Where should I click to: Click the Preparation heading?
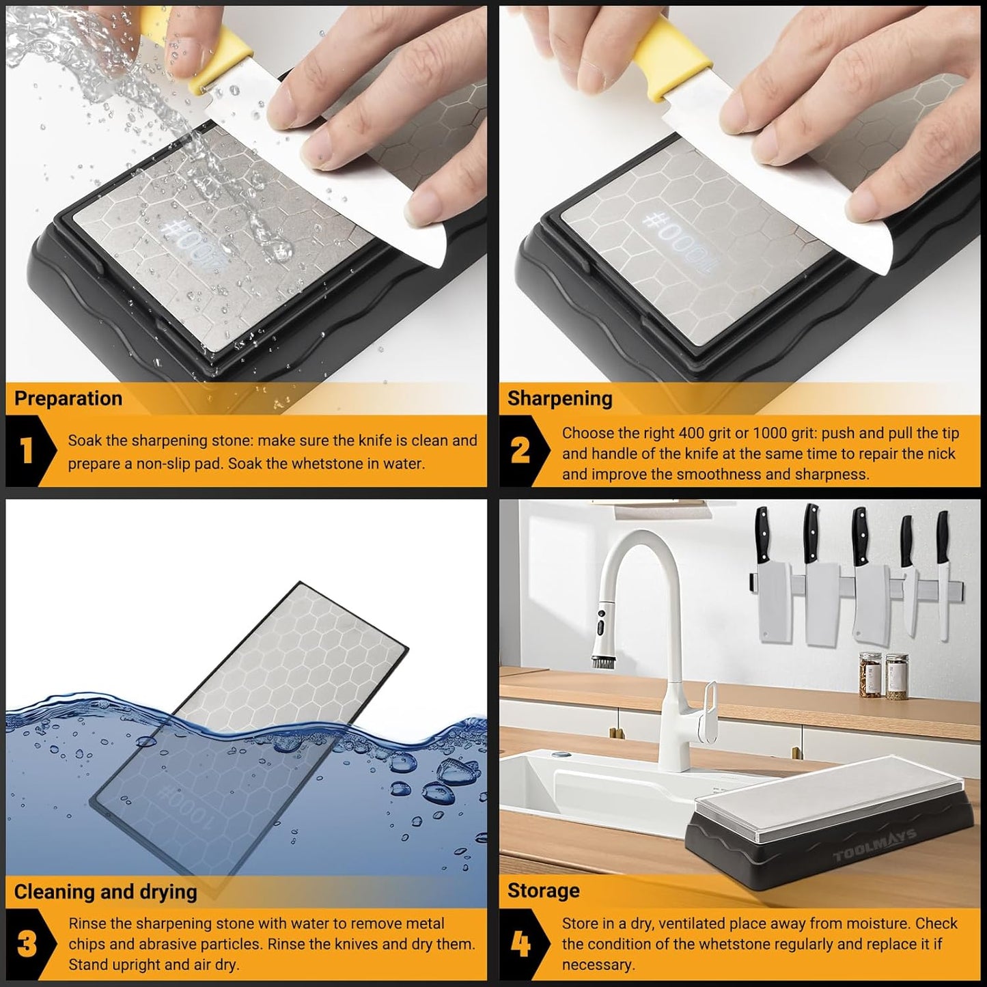(x=68, y=399)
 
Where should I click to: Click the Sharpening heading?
(x=559, y=399)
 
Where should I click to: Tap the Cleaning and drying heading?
(x=105, y=892)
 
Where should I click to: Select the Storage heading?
(x=543, y=891)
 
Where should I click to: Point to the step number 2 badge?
(x=520, y=451)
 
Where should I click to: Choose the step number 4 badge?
(x=520, y=944)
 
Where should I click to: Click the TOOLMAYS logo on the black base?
(x=874, y=846)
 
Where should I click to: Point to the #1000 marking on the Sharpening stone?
(x=676, y=242)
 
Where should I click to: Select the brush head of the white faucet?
(x=600, y=661)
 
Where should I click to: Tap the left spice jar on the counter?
(x=870, y=676)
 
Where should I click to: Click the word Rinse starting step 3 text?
(x=87, y=923)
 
